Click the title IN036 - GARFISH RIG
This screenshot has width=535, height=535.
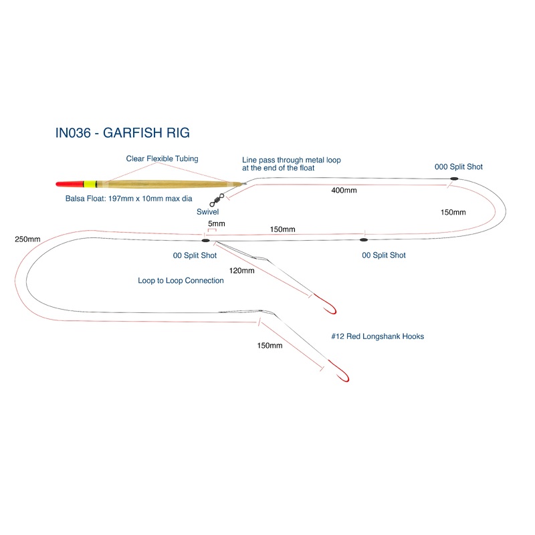pos(122,132)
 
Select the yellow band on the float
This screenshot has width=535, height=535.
pos(87,184)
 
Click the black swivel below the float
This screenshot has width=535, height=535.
pos(216,199)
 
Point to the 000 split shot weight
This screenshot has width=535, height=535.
pos(453,179)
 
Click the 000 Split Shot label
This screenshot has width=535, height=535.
pos(458,167)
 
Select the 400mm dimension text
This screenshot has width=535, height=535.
pos(344,191)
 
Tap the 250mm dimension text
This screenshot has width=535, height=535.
pos(27,239)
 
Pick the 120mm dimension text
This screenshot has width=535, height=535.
pos(241,271)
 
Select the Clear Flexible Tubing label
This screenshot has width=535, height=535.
pos(163,158)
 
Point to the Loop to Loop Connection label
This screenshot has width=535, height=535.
pos(181,281)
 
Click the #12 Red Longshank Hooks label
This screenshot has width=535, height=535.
pos(377,336)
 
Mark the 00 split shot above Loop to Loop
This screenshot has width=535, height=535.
pos(206,239)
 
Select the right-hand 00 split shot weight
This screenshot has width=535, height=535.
pos(364,239)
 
